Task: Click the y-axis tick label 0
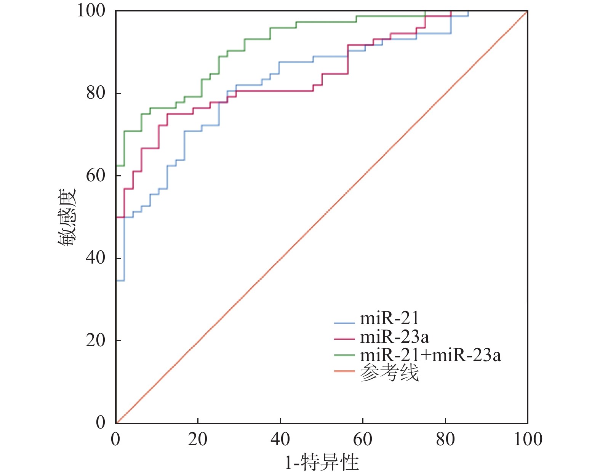pyautogui.click(x=101, y=422)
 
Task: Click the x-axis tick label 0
pyautogui.click(x=115, y=439)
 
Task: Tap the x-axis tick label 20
pyautogui.click(x=198, y=439)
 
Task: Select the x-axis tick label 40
pyautogui.click(x=280, y=439)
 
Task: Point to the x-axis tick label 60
pyautogui.click(x=363, y=439)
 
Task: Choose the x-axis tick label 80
pyautogui.click(x=445, y=439)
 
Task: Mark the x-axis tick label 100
pyautogui.click(x=528, y=439)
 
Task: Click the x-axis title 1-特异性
pyautogui.click(x=322, y=462)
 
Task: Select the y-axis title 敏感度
pyautogui.click(x=67, y=217)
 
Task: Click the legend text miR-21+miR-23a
pyautogui.click(x=430, y=355)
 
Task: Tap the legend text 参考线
pyautogui.click(x=389, y=373)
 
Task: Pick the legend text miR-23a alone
pyautogui.click(x=394, y=337)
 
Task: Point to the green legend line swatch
pyautogui.click(x=344, y=355)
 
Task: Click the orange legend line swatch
pyautogui.click(x=344, y=371)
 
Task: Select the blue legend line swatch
pyautogui.click(x=344, y=323)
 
